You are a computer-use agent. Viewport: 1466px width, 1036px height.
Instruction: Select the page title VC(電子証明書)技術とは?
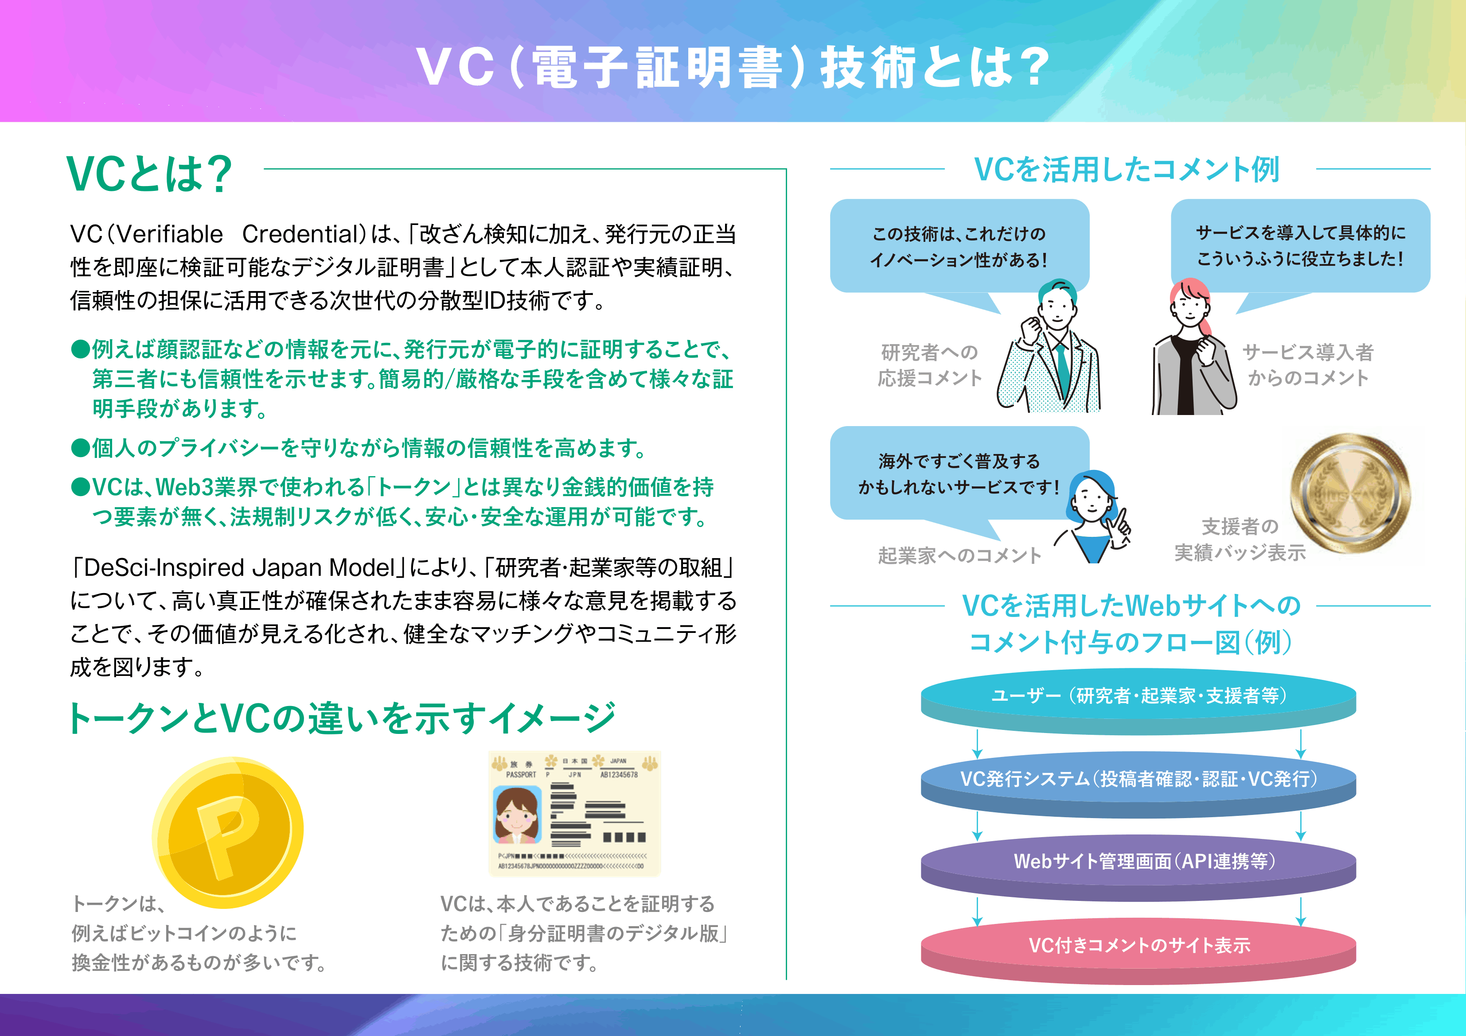(x=733, y=67)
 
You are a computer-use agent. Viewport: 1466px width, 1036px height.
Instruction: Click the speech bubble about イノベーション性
(x=959, y=246)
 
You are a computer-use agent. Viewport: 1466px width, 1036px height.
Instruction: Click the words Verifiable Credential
(x=242, y=234)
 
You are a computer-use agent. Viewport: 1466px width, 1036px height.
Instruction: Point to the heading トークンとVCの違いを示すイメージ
(x=342, y=718)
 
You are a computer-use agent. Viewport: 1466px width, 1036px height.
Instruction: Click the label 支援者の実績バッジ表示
(x=1240, y=539)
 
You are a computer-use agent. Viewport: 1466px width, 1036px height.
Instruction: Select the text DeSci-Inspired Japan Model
(x=239, y=567)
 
